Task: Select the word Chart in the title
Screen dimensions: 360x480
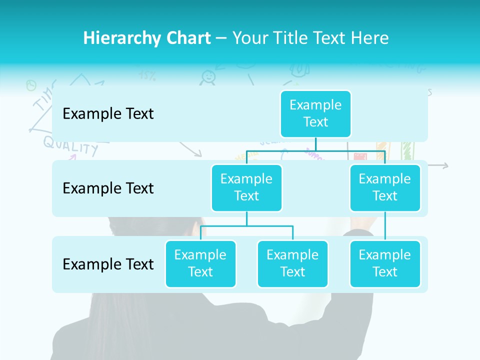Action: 186,38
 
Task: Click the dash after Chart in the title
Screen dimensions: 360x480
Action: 221,38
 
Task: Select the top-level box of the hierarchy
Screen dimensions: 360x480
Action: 315,113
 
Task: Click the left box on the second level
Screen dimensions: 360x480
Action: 246,187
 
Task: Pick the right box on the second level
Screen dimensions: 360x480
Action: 385,187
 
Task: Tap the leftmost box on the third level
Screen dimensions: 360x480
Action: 200,263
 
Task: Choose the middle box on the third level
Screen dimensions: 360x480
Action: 292,263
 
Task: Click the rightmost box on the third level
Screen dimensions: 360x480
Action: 385,263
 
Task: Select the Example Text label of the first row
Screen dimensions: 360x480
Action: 108,113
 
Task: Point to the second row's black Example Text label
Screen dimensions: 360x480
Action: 108,188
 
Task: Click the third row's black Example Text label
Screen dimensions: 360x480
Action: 108,264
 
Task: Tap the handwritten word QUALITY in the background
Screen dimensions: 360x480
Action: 70,145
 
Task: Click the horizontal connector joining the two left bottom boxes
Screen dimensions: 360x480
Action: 246,226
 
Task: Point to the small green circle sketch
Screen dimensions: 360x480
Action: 31,85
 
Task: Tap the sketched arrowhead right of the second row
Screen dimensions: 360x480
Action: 445,166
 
